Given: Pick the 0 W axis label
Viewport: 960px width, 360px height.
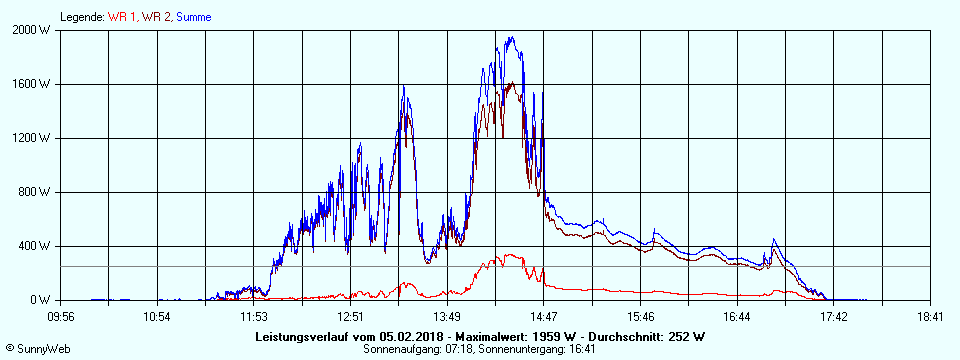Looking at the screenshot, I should point(40,300).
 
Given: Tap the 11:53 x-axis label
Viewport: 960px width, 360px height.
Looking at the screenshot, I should point(254,317).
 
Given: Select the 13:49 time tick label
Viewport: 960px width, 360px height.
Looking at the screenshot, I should point(447,317).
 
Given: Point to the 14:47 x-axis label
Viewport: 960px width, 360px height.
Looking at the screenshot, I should point(543,317).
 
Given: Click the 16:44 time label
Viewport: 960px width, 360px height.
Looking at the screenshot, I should point(736,317).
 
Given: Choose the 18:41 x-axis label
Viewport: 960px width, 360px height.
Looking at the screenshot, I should point(930,317).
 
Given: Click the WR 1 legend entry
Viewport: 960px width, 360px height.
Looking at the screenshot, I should point(122,17).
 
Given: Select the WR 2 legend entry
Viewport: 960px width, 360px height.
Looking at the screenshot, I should point(156,17).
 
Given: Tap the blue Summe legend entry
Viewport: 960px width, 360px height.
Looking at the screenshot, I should point(194,17).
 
